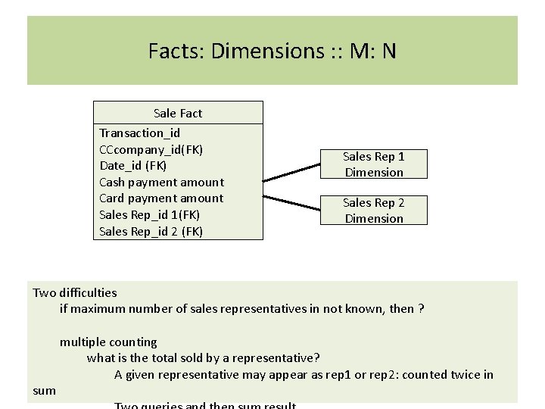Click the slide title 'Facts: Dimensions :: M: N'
[x=272, y=51]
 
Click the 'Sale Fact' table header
[x=178, y=113]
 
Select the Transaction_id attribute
[x=139, y=133]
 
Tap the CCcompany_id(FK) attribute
[x=151, y=149]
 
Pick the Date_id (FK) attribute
[x=132, y=165]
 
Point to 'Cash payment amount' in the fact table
[x=161, y=182]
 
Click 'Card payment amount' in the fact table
[x=161, y=198]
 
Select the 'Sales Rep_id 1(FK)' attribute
[x=149, y=215]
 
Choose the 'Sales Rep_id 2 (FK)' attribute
[x=151, y=232]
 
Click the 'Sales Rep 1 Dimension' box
[x=374, y=164]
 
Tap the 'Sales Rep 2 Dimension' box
[x=374, y=211]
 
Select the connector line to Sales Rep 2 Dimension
[x=292, y=201]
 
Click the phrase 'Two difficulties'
[x=75, y=292]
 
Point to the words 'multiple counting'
[x=108, y=342]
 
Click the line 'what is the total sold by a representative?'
[x=203, y=358]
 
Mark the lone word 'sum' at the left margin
[x=45, y=391]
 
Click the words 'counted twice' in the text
[x=446, y=375]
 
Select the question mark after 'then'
[x=421, y=309]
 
